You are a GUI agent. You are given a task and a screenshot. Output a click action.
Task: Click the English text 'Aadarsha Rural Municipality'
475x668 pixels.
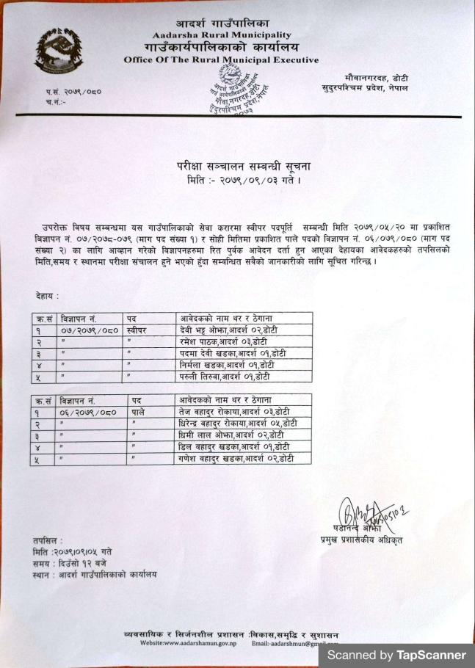[222, 35]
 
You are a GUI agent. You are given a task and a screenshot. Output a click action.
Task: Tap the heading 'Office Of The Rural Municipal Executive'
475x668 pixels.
[221, 59]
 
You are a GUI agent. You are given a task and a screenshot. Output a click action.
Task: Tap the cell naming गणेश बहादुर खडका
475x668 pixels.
[236, 458]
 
